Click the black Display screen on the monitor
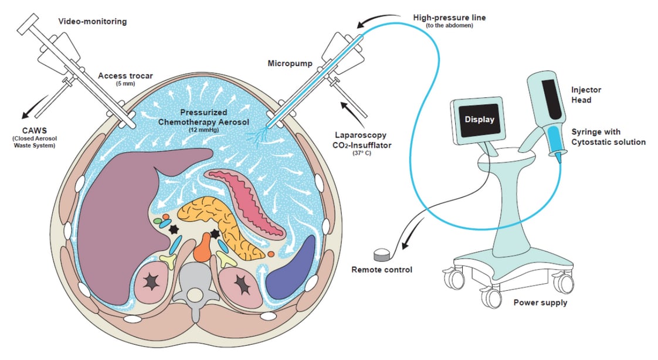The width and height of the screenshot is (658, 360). pos(479,120)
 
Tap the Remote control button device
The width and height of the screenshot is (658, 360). pos(382,254)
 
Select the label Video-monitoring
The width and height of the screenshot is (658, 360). pos(92,22)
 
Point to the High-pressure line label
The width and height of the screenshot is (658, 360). pos(449,18)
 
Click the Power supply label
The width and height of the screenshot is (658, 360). pos(540,303)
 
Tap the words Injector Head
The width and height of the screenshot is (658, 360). pos(586,94)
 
